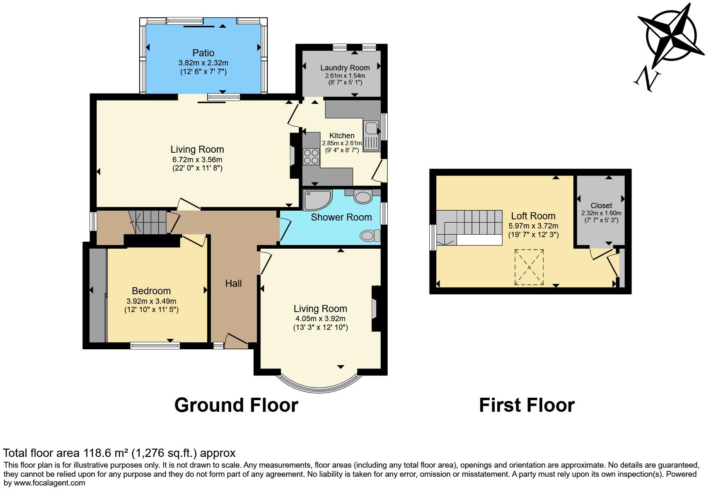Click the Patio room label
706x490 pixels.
pos(203,53)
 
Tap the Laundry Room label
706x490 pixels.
pos(345,68)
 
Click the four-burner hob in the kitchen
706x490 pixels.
pos(311,156)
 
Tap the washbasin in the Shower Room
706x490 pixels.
pos(363,197)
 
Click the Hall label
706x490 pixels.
pos(233,283)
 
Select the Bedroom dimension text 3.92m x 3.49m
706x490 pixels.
pos(151,301)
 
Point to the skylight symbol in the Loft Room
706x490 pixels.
pos(529,267)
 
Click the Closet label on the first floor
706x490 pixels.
pos(601,205)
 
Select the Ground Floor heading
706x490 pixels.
pos(236,405)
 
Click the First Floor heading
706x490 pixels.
pos(527,405)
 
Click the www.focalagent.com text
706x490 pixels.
pos(50,483)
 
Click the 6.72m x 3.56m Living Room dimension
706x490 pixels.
pos(197,159)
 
